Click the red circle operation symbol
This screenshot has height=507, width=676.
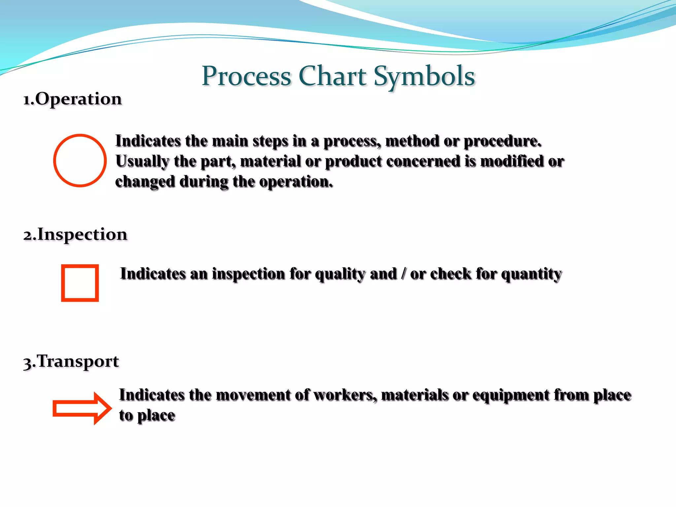pos(80,160)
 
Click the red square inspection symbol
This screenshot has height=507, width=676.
pos(80,283)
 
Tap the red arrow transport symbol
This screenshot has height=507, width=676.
pos(83,408)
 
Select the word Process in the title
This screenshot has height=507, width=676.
pos(246,76)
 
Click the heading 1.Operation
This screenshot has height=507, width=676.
pos(73,99)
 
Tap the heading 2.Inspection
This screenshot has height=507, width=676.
pos(75,234)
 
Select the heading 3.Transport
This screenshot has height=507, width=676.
pos(71,361)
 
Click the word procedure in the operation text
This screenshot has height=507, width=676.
pos(502,141)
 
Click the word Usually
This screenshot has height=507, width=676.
pos(142,162)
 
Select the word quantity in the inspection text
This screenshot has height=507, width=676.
pos(531,274)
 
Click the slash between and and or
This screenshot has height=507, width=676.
pos(403,274)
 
